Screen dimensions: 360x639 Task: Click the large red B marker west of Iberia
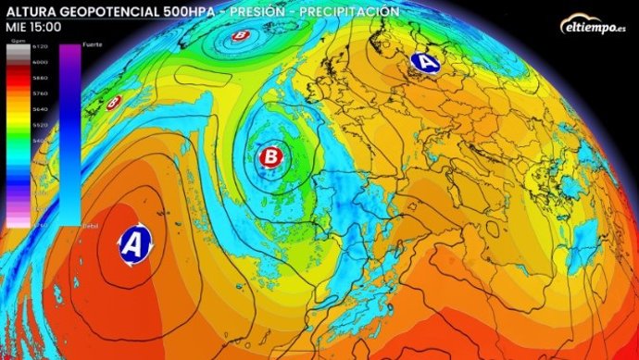[271, 155]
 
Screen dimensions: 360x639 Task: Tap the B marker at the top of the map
[242, 36]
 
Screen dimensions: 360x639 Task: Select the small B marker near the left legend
[114, 104]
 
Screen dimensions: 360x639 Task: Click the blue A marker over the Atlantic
[134, 244]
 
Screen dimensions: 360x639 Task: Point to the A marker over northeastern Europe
[425, 62]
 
